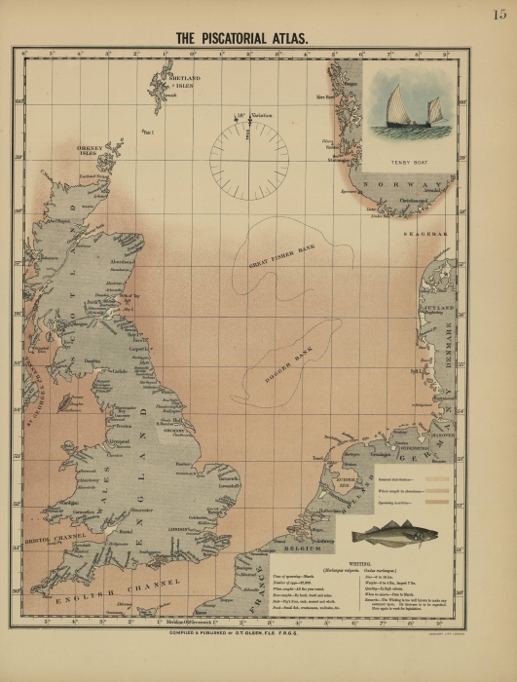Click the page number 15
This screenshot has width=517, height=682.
click(499, 14)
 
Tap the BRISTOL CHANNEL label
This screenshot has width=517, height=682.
click(56, 537)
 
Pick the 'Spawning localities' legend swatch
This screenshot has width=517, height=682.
click(432, 504)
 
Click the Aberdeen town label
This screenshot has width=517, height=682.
click(122, 262)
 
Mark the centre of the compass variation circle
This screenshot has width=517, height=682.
click(249, 154)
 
